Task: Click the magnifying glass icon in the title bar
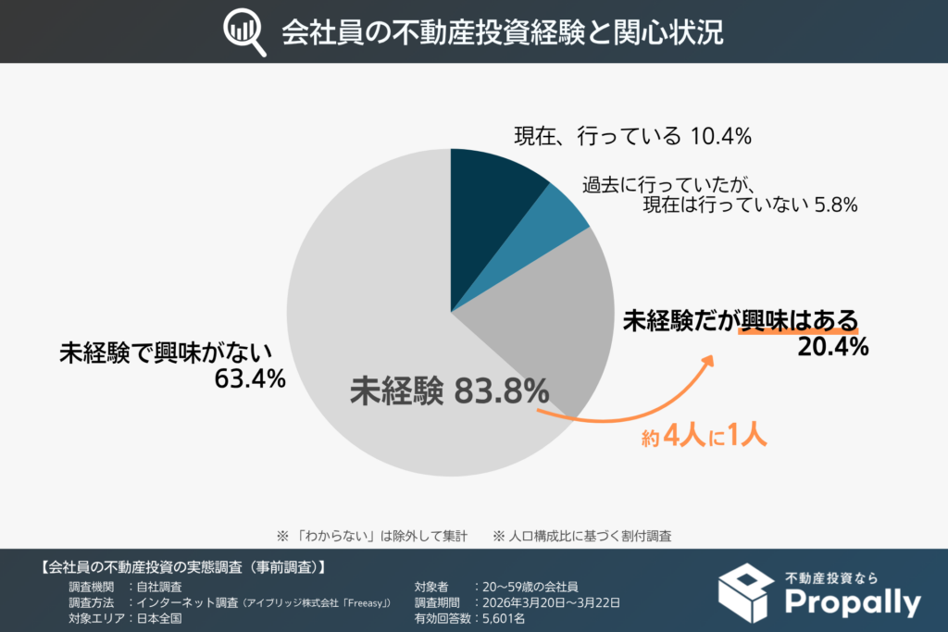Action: coord(243,32)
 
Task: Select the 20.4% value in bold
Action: coord(832,348)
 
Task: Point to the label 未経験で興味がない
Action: coord(166,353)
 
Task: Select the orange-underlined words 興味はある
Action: coord(798,320)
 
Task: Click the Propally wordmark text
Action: coord(852,603)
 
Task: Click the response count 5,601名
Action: coord(500,619)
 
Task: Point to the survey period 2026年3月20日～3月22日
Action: coord(546,602)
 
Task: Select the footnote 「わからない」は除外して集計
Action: coord(380,535)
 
